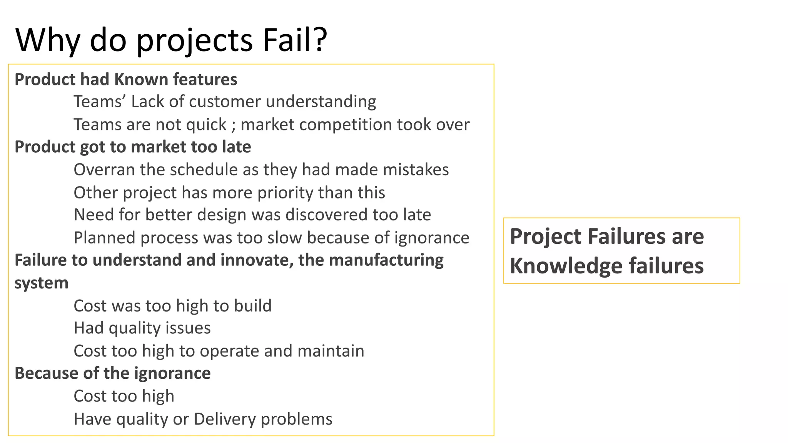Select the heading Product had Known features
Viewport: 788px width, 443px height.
[126, 80]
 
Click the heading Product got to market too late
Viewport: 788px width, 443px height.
[133, 147]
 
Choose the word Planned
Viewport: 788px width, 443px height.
[104, 238]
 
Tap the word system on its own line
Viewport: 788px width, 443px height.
[42, 283]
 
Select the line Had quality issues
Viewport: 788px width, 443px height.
[142, 328]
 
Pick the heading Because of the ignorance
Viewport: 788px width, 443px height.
[113, 373]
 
